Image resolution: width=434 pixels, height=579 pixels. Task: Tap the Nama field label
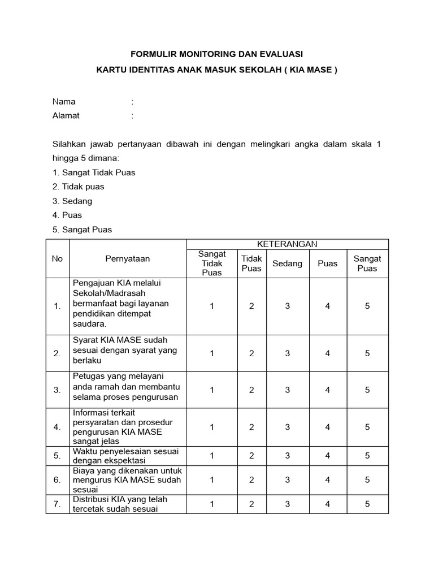coord(64,102)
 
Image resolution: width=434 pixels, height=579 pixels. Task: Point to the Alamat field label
coord(66,115)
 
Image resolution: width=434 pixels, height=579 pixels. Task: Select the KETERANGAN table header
coord(287,244)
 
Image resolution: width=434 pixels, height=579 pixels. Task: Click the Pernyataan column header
coord(128,258)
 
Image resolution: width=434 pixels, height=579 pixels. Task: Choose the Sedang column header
coord(287,263)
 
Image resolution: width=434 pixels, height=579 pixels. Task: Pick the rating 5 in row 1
coord(367,306)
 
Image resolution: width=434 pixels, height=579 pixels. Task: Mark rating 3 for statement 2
coord(287,353)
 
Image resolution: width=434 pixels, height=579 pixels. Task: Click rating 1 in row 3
coord(212,390)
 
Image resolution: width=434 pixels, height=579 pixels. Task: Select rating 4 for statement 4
coord(328,427)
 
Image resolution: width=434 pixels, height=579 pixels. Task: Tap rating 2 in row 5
coord(251,456)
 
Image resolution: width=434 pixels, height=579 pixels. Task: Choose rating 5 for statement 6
coord(367,479)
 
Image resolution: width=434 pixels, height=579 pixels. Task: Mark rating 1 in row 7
coord(212,504)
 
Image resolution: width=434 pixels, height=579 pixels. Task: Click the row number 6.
coord(57,479)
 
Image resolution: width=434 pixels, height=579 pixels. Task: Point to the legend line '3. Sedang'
coord(72,201)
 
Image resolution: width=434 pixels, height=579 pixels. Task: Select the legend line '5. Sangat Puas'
coord(83,230)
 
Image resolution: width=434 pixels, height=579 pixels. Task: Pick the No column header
coord(57,258)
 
